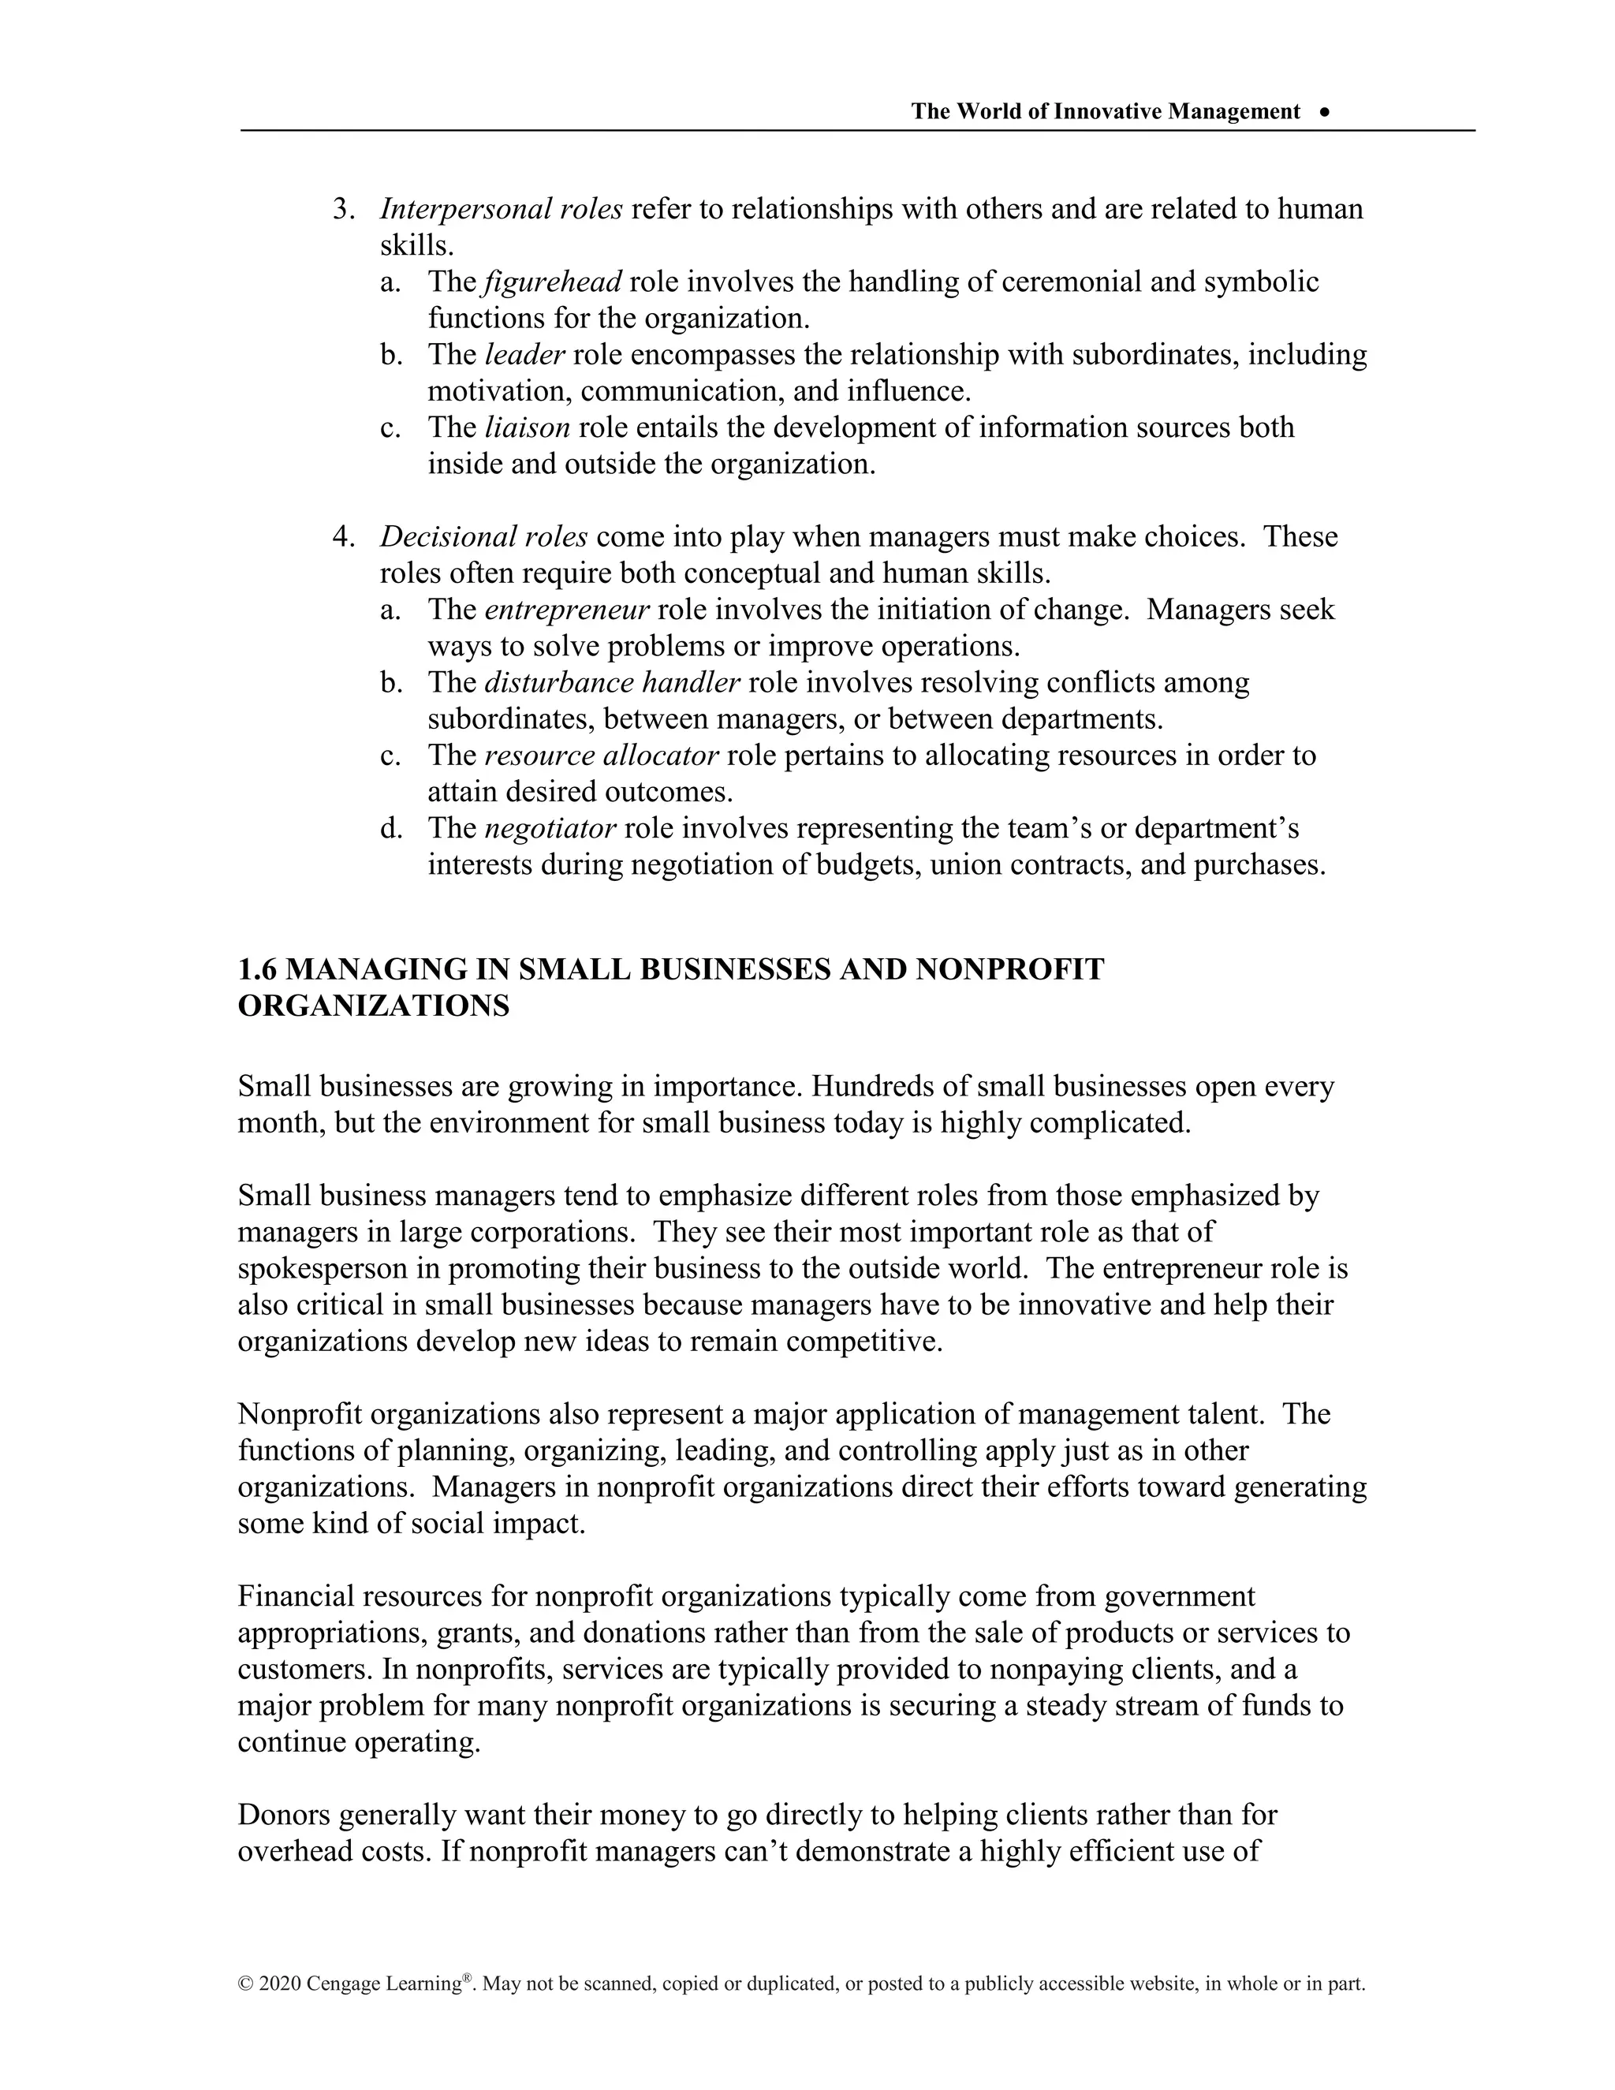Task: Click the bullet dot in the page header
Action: pyautogui.click(x=1324, y=112)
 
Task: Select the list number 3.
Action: pyautogui.click(x=342, y=209)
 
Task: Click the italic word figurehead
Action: pyautogui.click(x=553, y=282)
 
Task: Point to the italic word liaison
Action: pyautogui.click(x=528, y=427)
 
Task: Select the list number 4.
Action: pyautogui.click(x=342, y=537)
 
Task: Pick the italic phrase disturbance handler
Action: pyautogui.click(x=612, y=682)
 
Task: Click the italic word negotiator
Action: pyautogui.click(x=550, y=828)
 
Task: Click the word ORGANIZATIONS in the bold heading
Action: pyautogui.click(x=373, y=1006)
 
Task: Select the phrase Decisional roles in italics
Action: pyautogui.click(x=483, y=537)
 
